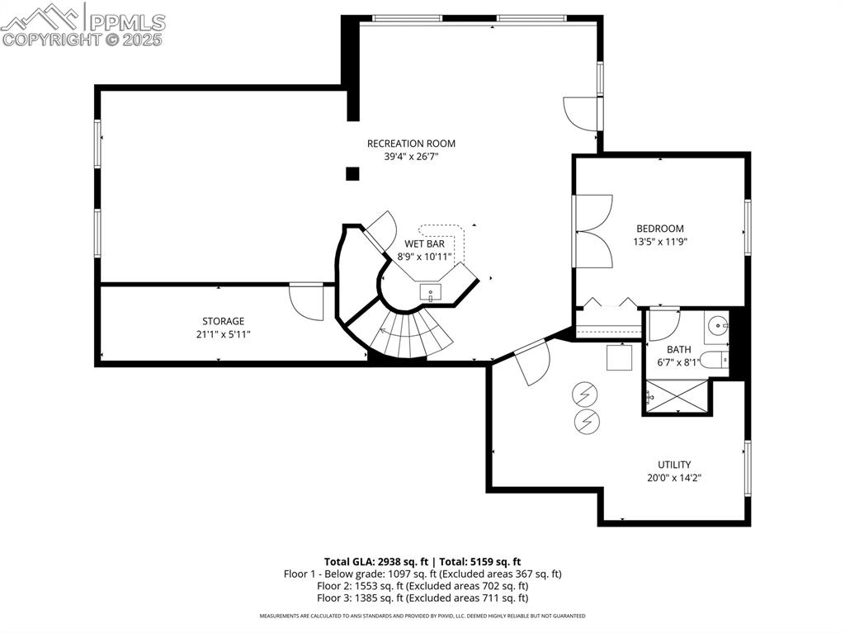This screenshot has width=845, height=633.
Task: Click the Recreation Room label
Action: [411, 144]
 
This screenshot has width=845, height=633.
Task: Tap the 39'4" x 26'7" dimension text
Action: [411, 157]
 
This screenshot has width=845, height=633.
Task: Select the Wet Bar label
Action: [424, 244]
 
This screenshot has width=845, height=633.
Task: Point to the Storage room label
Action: [224, 321]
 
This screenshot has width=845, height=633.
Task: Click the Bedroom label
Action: [659, 229]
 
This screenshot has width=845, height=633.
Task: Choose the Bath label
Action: [679, 349]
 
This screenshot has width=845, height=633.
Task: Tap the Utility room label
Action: [674, 465]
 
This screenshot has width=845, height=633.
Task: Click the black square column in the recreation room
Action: [352, 173]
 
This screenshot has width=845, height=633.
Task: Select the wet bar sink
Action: [431, 292]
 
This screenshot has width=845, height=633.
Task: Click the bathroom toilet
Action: [715, 360]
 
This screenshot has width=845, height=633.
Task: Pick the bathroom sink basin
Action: [717, 325]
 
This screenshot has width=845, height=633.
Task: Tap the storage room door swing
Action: [308, 302]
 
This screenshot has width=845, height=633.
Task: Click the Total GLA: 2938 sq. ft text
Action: [375, 561]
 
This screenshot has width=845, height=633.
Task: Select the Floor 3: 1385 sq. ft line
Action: [422, 598]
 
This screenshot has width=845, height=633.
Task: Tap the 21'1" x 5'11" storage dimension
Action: [224, 334]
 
